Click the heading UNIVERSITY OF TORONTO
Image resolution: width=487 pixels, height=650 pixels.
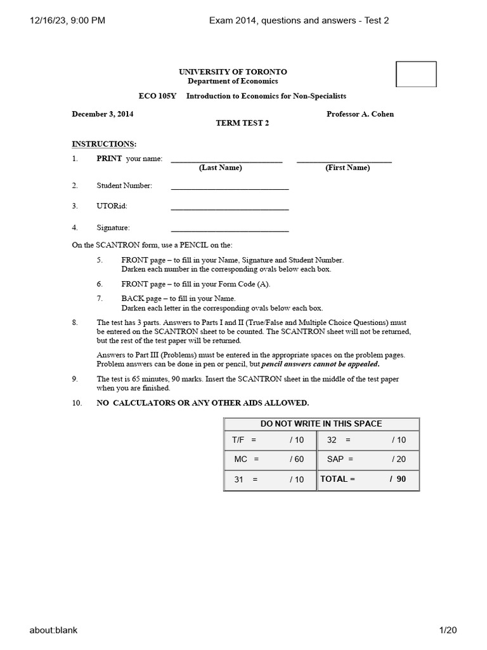[x=233, y=72]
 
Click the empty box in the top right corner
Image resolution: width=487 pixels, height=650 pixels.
[x=416, y=74]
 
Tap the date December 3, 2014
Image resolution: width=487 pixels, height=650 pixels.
[x=103, y=114]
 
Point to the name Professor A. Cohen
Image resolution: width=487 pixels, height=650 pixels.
[x=360, y=114]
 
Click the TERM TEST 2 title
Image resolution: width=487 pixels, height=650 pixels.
[x=243, y=123]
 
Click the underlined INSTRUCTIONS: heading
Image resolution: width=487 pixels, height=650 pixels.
[x=104, y=144]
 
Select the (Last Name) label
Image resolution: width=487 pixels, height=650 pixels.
[x=220, y=168]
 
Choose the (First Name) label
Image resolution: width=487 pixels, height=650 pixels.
[x=347, y=168]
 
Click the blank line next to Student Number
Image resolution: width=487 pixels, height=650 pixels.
[x=230, y=187]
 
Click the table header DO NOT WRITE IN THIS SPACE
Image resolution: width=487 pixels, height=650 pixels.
[x=321, y=424]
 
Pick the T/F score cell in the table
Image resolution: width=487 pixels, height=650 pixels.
[x=269, y=440]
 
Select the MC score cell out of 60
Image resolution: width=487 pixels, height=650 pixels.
[x=269, y=459]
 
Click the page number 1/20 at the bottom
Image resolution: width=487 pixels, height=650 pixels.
[x=448, y=630]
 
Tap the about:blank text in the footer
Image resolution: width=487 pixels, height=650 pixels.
[x=53, y=630]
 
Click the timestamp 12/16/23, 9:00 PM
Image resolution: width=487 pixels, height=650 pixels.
[x=67, y=20]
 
